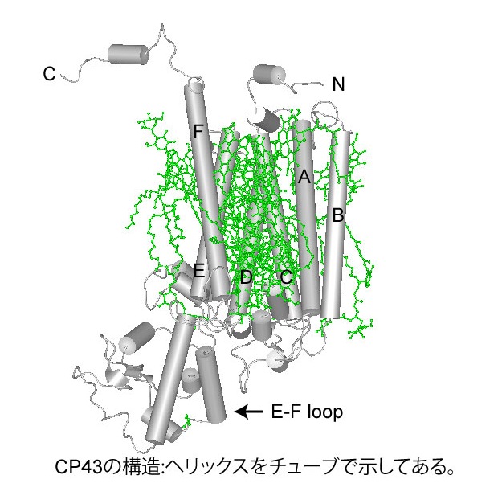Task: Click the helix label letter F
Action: [x=198, y=131]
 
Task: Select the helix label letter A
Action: [x=304, y=177]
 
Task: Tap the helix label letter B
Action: [x=338, y=215]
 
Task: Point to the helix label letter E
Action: [x=199, y=271]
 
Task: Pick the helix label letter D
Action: [x=247, y=277]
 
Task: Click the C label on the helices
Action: [x=286, y=277]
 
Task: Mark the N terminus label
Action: [x=338, y=84]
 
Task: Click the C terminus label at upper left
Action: [x=49, y=74]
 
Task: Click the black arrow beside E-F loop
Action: [x=249, y=412]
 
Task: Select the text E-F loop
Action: [x=307, y=412]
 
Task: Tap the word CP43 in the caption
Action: [x=79, y=467]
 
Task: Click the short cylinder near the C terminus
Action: [x=129, y=55]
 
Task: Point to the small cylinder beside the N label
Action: [x=269, y=76]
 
